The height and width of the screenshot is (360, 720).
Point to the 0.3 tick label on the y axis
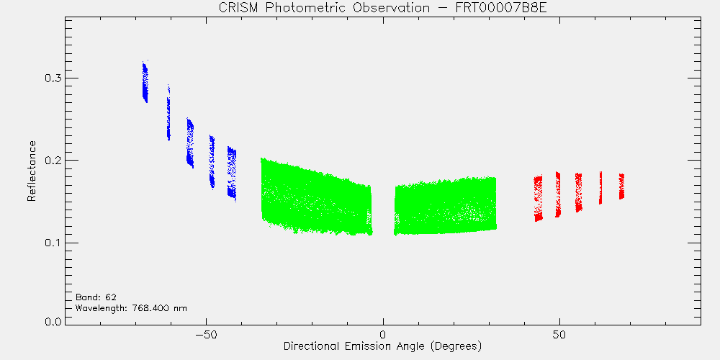[x=53, y=78]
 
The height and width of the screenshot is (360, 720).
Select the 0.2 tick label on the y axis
[x=53, y=161]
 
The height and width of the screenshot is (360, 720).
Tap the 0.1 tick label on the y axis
[x=53, y=243]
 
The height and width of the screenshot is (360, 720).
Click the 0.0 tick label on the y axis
[x=53, y=321]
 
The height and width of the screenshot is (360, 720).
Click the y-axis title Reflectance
[x=31, y=171]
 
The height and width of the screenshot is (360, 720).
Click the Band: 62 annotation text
[x=92, y=297]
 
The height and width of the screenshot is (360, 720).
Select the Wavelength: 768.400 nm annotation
[x=131, y=308]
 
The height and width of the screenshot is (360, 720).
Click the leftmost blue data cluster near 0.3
[x=145, y=82]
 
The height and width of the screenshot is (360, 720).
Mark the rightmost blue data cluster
[x=232, y=174]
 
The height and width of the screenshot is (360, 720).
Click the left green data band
[x=316, y=197]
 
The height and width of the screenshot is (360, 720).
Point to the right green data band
[x=446, y=206]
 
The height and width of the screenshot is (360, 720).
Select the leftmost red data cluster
[x=538, y=198]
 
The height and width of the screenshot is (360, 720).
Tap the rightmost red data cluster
[x=621, y=186]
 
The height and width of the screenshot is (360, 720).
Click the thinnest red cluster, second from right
[x=600, y=188]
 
